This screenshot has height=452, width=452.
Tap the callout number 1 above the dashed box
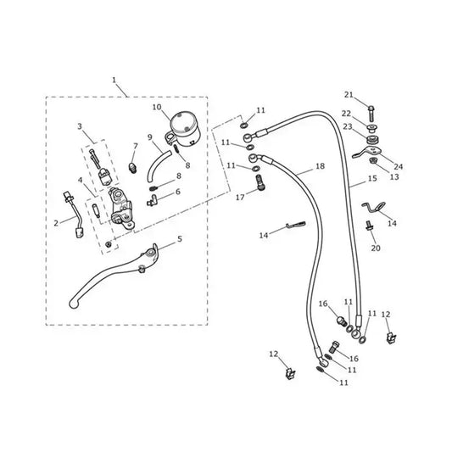click(114, 80)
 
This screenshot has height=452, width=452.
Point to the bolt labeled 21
click(371, 113)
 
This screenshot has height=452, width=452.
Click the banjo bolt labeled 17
click(260, 183)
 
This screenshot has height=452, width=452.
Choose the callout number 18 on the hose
click(320, 166)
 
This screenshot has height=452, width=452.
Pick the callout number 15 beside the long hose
click(372, 178)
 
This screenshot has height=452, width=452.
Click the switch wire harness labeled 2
click(75, 215)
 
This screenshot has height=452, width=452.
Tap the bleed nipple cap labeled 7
click(132, 168)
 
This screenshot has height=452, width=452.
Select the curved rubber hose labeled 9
click(158, 165)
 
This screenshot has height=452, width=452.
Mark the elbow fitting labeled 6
click(152, 200)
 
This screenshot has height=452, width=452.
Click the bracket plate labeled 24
click(366, 152)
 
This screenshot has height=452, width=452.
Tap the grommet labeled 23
click(372, 140)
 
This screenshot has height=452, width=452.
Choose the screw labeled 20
click(369, 225)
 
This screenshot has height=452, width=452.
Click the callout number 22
click(346, 114)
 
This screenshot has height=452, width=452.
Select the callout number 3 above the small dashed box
click(80, 126)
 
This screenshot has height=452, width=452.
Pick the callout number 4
click(80, 181)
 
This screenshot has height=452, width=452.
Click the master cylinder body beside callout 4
click(121, 208)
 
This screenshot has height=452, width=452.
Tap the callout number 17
click(240, 198)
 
